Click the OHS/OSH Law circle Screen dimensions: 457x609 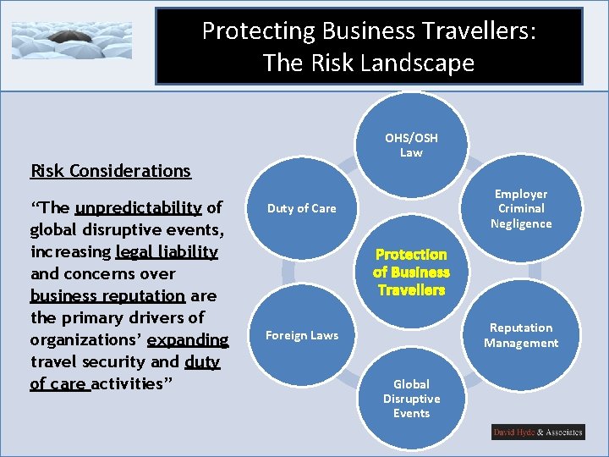point(411,146)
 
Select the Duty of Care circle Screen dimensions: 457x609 point(302,209)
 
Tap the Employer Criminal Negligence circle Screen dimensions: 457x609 point(521,209)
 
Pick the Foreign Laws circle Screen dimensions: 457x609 point(302,335)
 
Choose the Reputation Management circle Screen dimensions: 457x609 point(521,335)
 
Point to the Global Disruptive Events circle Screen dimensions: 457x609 point(411,399)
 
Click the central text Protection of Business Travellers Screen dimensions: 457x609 point(411,272)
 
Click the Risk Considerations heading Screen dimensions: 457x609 point(111,171)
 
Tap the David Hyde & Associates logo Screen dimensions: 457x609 point(538,432)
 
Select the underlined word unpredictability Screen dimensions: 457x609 point(138,208)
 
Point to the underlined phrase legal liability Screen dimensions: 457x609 point(167,252)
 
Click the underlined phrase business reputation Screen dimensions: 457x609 point(107,296)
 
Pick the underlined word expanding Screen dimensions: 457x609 point(188,340)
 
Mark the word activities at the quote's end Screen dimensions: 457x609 point(126,384)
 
